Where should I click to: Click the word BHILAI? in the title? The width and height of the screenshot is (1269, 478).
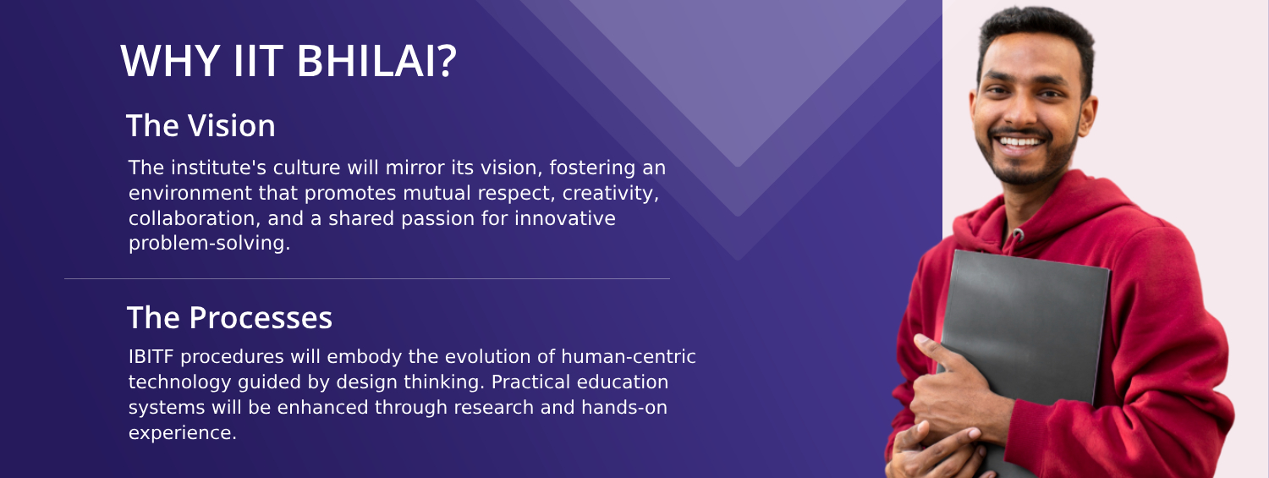click(376, 61)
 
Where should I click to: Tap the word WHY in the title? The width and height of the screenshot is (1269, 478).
click(170, 61)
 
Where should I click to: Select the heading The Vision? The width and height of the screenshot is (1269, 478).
click(201, 125)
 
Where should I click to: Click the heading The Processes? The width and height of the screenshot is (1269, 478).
click(229, 317)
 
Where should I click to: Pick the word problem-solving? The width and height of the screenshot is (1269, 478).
click(209, 244)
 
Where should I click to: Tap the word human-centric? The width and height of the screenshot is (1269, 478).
click(629, 357)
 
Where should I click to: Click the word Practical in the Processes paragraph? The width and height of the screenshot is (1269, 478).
click(530, 382)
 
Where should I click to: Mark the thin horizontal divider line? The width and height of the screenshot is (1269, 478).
click(367, 278)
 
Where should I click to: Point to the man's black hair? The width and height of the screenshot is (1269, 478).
click(1036, 34)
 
